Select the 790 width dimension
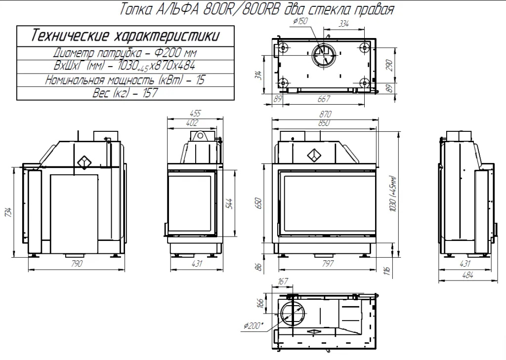(x=76, y=263)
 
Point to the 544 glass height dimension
(x=229, y=202)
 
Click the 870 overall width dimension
(x=326, y=114)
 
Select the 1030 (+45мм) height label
(x=393, y=194)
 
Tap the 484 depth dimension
(x=466, y=276)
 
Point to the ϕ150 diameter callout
(x=300, y=22)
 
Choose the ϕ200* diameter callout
(x=254, y=325)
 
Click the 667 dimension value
(x=324, y=98)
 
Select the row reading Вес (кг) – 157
(x=125, y=93)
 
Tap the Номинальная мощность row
(x=125, y=80)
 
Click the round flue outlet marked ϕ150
(x=324, y=54)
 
